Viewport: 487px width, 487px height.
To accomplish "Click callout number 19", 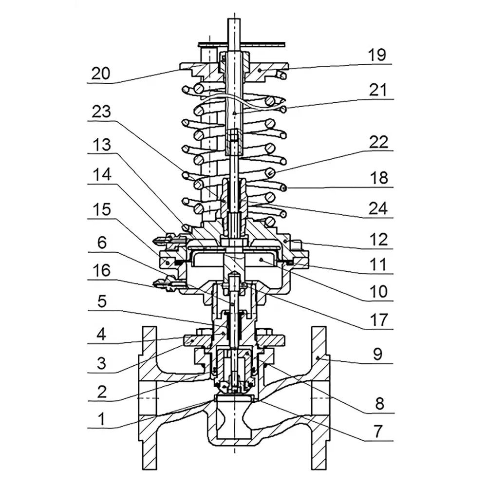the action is tap(377, 55).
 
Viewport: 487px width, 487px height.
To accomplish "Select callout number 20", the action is tap(101, 74).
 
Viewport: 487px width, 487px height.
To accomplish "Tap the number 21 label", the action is tap(378, 90).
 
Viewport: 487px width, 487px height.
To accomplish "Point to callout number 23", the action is tap(101, 112).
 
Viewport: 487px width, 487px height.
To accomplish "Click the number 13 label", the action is tap(102, 145).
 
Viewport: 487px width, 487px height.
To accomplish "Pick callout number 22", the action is tap(378, 142).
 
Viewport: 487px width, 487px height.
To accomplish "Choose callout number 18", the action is tap(379, 178).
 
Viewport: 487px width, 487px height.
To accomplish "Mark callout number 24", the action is tap(378, 208).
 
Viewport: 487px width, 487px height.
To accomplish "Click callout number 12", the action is tap(379, 240).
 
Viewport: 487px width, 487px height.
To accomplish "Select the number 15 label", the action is tap(102, 209).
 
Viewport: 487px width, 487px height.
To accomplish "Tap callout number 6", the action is tap(102, 243).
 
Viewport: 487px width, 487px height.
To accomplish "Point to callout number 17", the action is tap(379, 320).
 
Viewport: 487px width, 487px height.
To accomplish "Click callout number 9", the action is tap(378, 354).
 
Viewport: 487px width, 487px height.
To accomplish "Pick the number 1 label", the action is tap(102, 419).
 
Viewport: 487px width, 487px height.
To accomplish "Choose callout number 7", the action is tap(378, 431).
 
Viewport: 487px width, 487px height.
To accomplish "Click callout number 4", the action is tap(101, 335).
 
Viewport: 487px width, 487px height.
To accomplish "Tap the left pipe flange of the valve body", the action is tap(149, 397).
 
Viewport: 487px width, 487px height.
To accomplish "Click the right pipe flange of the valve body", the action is tap(320, 397).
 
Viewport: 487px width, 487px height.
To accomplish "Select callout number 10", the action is tap(378, 292).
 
